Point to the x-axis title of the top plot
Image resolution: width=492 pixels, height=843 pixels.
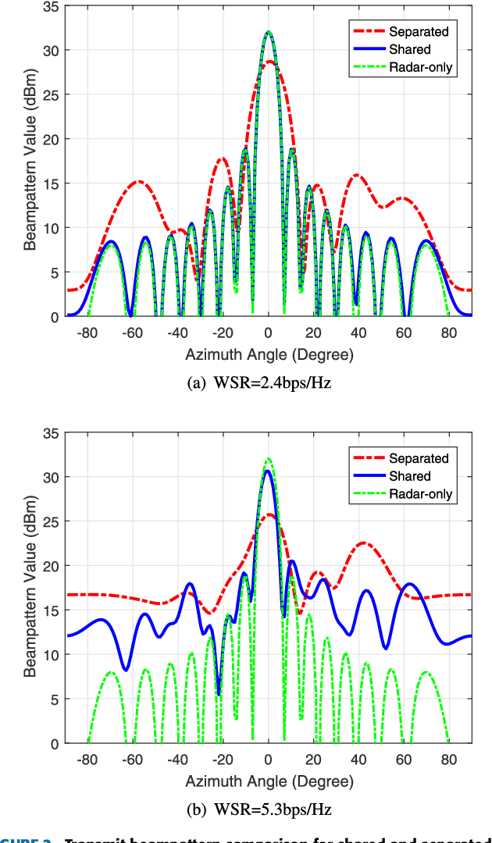(269, 355)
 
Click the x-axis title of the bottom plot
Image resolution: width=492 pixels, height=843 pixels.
(269, 781)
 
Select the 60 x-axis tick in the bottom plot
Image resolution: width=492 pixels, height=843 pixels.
(403, 758)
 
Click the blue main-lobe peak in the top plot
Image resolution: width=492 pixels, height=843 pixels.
(269, 32)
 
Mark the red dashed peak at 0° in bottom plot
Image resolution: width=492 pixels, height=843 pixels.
(269, 514)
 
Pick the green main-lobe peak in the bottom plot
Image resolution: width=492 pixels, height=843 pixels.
(269, 458)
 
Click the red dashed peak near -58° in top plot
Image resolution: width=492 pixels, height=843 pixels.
(138, 182)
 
